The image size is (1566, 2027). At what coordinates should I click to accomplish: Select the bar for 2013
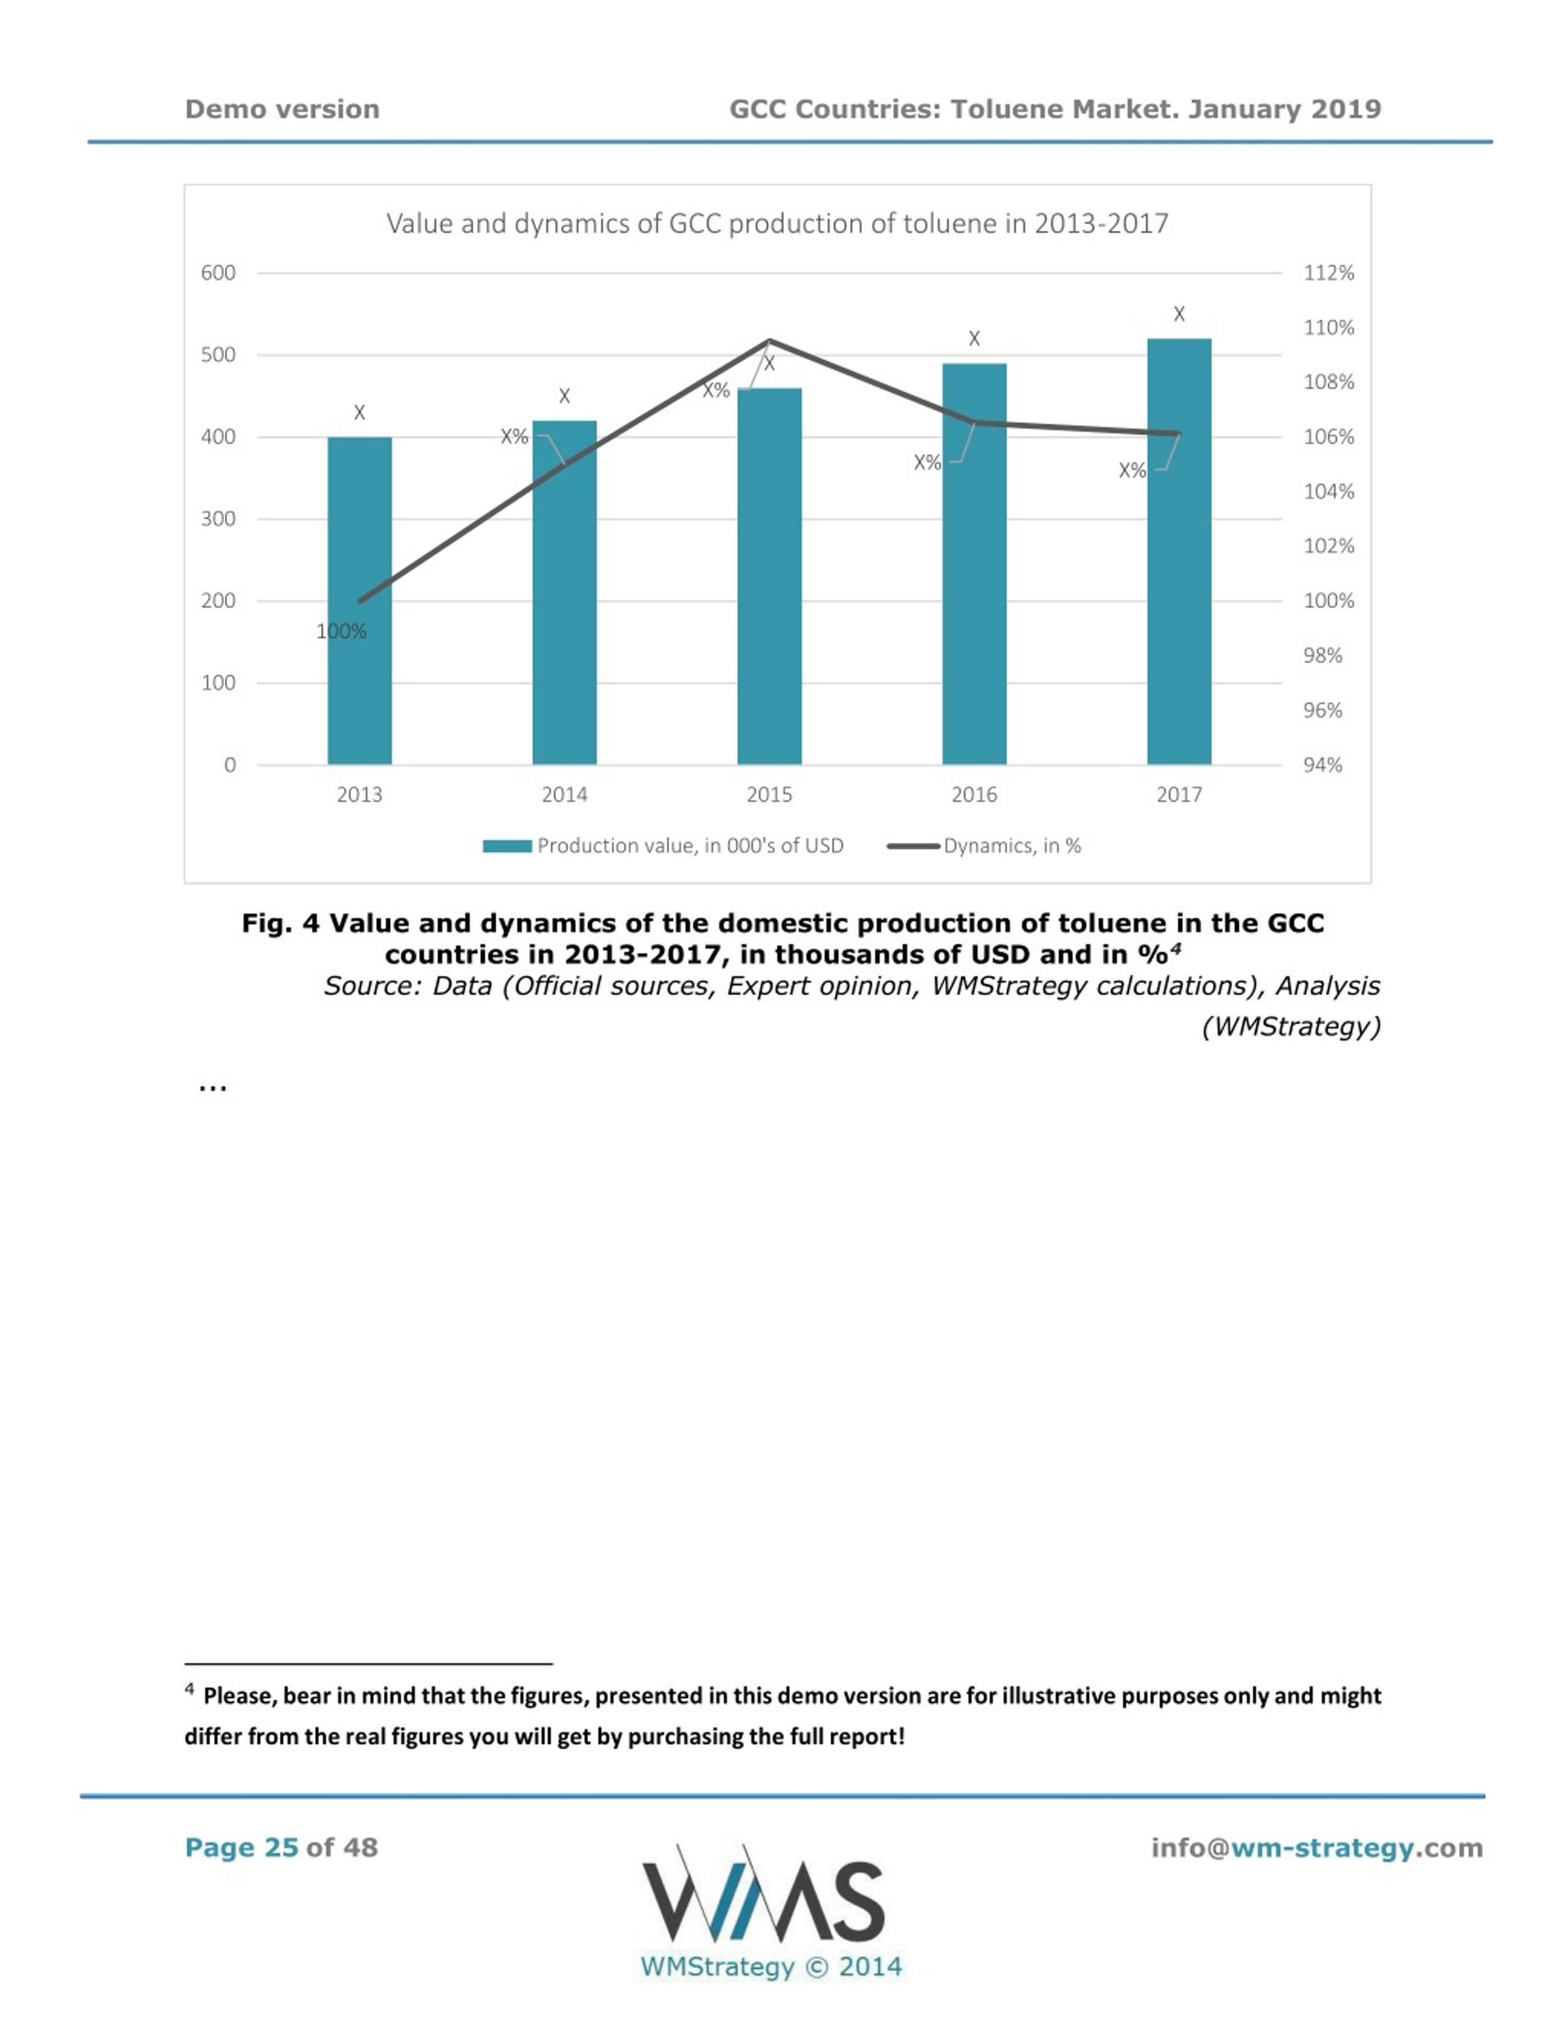pyautogui.click(x=359, y=600)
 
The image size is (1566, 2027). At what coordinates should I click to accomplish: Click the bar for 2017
pyautogui.click(x=1179, y=551)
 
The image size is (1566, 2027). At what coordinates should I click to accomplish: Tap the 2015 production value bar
pyautogui.click(x=769, y=576)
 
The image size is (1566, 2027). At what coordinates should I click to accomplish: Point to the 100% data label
pyautogui.click(x=341, y=632)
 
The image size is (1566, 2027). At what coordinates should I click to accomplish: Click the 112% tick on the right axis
pyautogui.click(x=1329, y=273)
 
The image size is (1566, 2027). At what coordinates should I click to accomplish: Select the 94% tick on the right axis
pyautogui.click(x=1323, y=765)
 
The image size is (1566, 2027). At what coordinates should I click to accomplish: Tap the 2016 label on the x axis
pyautogui.click(x=974, y=795)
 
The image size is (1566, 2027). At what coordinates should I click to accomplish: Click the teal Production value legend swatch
pyautogui.click(x=508, y=846)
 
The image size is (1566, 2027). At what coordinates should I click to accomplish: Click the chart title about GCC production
pyautogui.click(x=777, y=224)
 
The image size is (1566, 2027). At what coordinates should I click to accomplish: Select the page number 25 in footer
pyautogui.click(x=281, y=1847)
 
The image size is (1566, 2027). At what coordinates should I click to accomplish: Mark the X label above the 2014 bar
pyautogui.click(x=564, y=396)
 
